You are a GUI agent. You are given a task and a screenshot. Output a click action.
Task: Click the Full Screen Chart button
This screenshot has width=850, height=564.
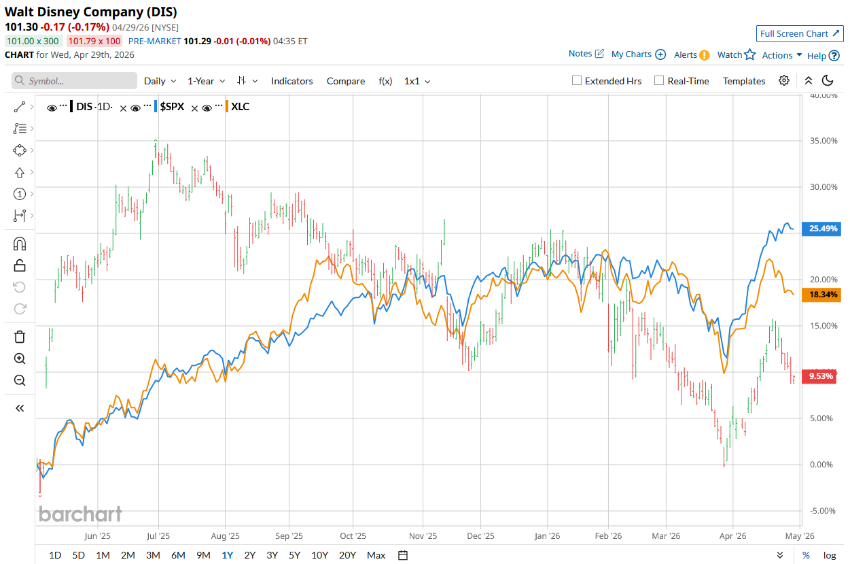click(x=799, y=33)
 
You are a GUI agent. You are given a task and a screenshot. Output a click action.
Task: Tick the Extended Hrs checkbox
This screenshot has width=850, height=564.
click(x=577, y=81)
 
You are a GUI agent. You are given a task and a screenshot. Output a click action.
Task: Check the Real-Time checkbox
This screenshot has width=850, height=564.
click(x=659, y=81)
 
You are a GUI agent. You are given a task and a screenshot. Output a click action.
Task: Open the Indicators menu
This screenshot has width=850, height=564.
click(x=291, y=81)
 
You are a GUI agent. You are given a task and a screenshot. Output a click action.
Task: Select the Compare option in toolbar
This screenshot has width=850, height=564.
click(x=345, y=81)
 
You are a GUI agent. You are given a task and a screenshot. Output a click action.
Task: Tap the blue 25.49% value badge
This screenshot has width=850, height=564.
click(x=823, y=229)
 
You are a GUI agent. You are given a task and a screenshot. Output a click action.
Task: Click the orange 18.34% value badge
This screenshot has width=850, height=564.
click(x=823, y=295)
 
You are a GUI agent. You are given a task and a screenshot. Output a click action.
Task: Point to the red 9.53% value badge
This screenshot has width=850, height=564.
click(x=823, y=376)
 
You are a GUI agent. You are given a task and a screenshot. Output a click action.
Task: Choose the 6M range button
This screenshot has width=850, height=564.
click(x=178, y=555)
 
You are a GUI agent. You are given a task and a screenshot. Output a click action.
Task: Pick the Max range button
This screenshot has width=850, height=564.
click(x=376, y=555)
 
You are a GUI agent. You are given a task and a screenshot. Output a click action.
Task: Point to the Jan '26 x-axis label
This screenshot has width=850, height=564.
click(x=547, y=535)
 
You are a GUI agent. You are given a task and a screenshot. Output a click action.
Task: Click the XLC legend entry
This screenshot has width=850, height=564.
click(x=240, y=107)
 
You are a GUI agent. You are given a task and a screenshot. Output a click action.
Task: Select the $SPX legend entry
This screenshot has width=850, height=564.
click(x=171, y=107)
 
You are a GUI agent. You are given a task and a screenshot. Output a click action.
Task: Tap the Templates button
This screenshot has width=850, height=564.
click(x=743, y=81)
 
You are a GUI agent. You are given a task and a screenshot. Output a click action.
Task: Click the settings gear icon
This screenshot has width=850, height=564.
click(x=784, y=80)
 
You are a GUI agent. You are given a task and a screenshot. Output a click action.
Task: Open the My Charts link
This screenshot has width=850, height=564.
click(x=631, y=54)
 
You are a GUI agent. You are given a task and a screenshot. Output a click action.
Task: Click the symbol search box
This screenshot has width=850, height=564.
click(x=75, y=81)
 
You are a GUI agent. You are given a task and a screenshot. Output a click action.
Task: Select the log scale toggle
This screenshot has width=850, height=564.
click(x=830, y=555)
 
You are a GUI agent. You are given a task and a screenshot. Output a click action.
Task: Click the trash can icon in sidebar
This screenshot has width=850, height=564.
click(x=20, y=337)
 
